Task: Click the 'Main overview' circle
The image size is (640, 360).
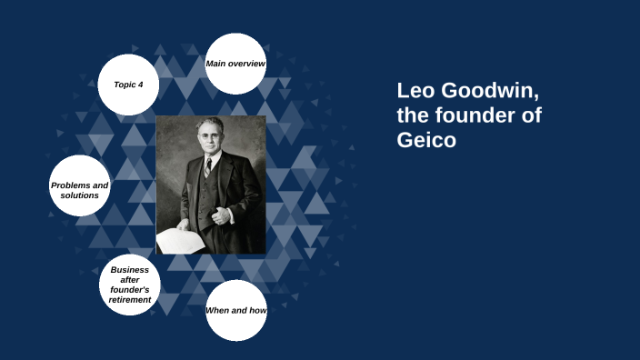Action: pyautogui.click(x=235, y=64)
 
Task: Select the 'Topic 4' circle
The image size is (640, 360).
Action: pyautogui.click(x=128, y=85)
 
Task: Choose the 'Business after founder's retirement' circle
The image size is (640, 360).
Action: pyautogui.click(x=130, y=285)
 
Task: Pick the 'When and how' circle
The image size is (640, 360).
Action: pyautogui.click(x=235, y=311)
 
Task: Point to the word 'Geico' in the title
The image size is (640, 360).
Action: pyautogui.click(x=426, y=141)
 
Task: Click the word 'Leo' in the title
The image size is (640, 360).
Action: pyautogui.click(x=415, y=92)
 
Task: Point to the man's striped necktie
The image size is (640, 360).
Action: pyautogui.click(x=208, y=168)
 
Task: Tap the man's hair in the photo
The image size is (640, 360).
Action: pyautogui.click(x=210, y=125)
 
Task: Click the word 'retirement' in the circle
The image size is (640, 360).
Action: pyautogui.click(x=130, y=299)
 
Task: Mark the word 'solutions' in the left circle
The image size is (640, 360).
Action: pyautogui.click(x=80, y=195)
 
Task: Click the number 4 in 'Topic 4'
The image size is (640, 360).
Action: pyautogui.click(x=140, y=85)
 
